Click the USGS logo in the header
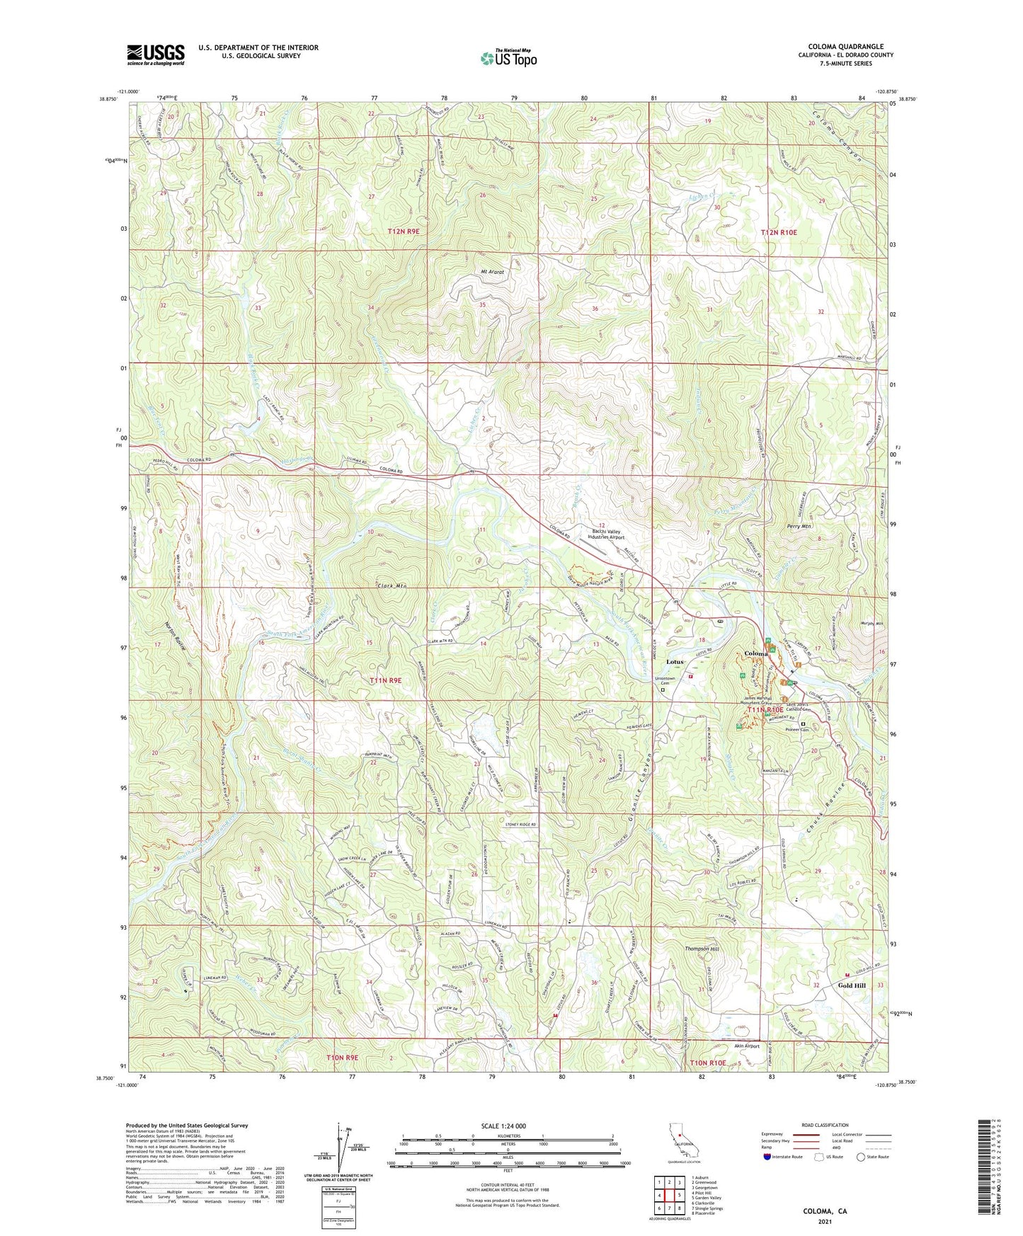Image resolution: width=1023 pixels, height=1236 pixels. pyautogui.click(x=156, y=55)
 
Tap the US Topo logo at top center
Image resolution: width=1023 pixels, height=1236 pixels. pyautogui.click(x=508, y=58)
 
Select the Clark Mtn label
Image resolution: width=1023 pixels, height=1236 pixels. pyautogui.click(x=392, y=586)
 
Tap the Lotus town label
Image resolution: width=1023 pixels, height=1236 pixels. pyautogui.click(x=675, y=662)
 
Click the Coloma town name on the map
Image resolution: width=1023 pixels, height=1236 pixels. pyautogui.click(x=756, y=653)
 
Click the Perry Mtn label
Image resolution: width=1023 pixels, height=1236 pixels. pyautogui.click(x=798, y=527)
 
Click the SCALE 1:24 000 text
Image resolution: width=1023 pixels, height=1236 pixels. pyautogui.click(x=504, y=1126)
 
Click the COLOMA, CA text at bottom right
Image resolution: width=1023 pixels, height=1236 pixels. pyautogui.click(x=825, y=1211)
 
